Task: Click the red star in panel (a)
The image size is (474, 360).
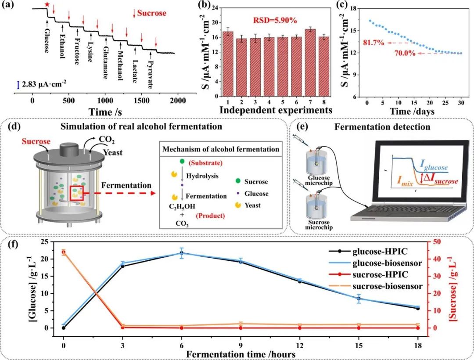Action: [x=47, y=4]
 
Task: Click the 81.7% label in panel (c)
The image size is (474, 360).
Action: [x=373, y=43]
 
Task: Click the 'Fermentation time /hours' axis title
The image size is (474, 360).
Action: [x=240, y=354]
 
